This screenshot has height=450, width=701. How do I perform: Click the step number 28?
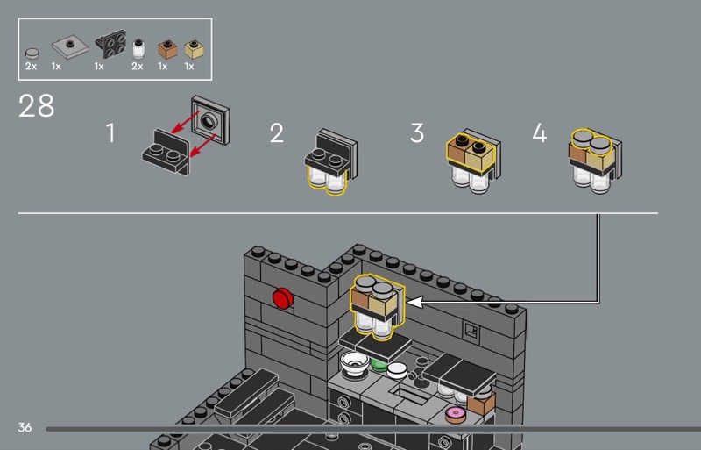[x=36, y=105]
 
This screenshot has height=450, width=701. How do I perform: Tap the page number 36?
[x=25, y=427]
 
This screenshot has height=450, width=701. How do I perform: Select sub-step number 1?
[x=110, y=133]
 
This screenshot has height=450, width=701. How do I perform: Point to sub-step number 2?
[x=276, y=133]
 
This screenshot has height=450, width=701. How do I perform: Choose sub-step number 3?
[x=417, y=133]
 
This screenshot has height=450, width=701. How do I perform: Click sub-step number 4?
[x=540, y=133]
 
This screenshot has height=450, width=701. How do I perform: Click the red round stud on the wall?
[x=282, y=298]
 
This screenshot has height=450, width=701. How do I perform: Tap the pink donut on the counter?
[x=456, y=414]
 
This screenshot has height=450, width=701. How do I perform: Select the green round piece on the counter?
[x=379, y=365]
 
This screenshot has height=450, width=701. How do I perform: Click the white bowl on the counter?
[x=355, y=363]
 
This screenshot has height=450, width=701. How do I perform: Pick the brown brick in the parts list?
[x=167, y=50]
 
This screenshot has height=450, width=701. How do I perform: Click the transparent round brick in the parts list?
[x=138, y=49]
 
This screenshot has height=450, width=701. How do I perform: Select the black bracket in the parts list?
[x=110, y=44]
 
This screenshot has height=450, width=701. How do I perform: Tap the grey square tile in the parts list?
[x=70, y=46]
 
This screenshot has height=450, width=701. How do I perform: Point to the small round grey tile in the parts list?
[x=32, y=54]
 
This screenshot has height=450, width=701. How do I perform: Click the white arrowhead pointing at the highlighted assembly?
[x=414, y=303]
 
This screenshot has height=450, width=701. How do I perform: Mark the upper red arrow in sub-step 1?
[x=185, y=122]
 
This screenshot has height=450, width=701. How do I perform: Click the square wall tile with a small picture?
[x=471, y=332]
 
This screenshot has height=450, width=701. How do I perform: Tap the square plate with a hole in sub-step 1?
[x=210, y=120]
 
